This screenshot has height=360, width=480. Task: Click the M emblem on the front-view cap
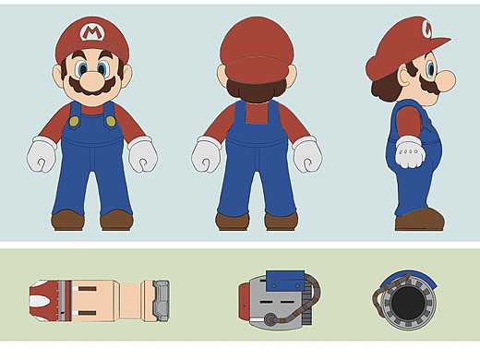91,32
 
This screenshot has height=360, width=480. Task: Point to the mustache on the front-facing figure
92,86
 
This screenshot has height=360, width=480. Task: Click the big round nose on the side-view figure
446,80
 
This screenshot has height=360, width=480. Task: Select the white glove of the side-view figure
410,152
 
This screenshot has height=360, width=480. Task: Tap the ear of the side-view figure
405,78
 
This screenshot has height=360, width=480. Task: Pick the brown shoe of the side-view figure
420,220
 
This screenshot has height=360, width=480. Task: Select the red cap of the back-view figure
257,50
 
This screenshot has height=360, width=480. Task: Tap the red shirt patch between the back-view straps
257,113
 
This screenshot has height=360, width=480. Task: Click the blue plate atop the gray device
285,281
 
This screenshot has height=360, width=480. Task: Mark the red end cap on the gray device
243,301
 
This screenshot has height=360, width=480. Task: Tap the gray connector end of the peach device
161,301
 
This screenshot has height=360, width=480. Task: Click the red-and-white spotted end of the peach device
44,301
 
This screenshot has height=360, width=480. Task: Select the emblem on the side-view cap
427,29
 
